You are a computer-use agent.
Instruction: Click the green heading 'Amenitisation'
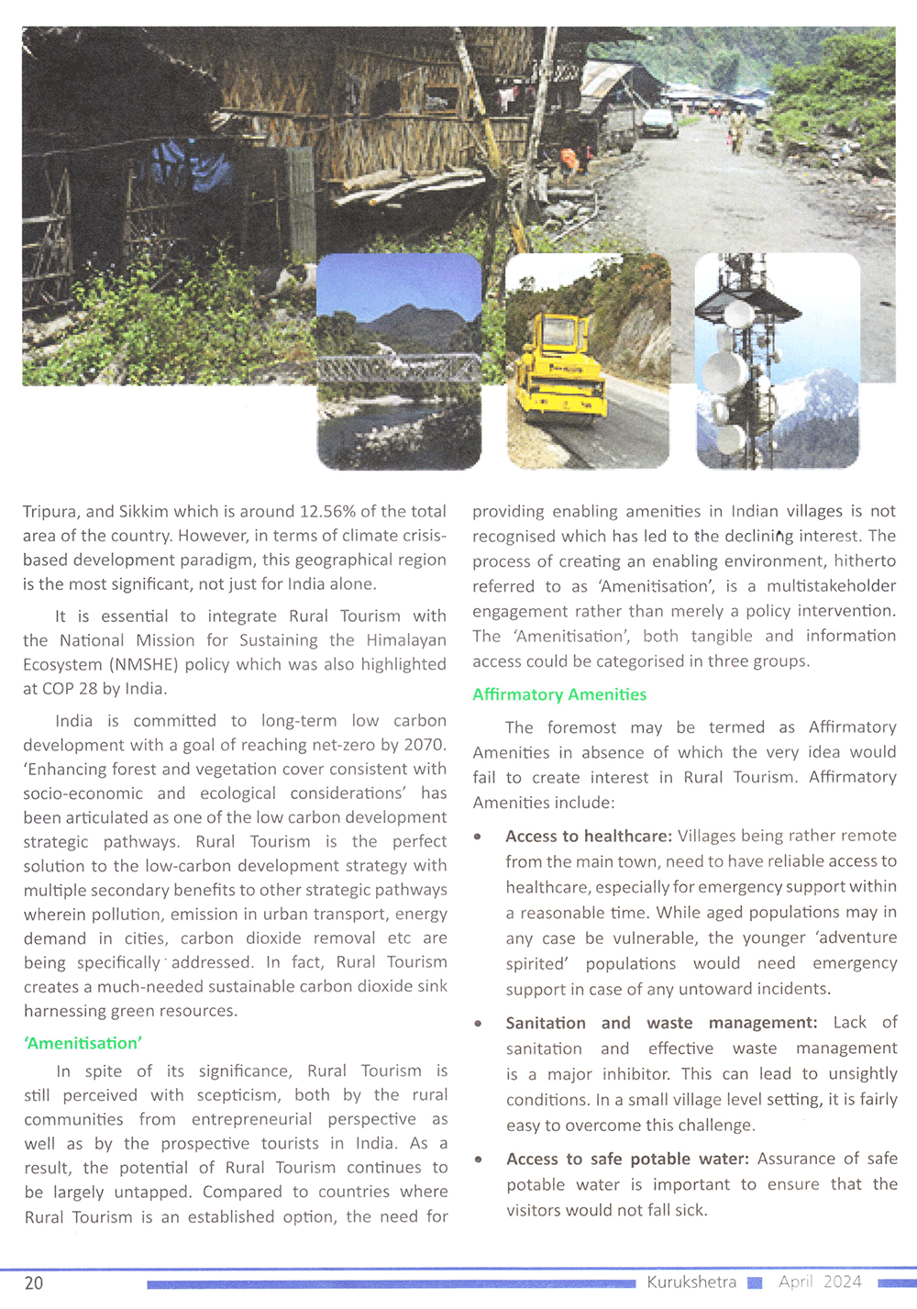[83, 1043]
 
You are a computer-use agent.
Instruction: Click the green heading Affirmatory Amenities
[559, 694]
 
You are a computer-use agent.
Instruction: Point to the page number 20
[34, 1282]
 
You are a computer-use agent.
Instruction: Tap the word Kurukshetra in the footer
[691, 1281]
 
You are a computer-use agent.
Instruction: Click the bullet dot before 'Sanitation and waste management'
[478, 1023]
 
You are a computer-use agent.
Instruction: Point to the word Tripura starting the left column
[50, 512]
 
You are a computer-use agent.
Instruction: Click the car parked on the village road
[657, 122]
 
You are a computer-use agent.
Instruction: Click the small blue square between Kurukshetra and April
[755, 1282]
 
